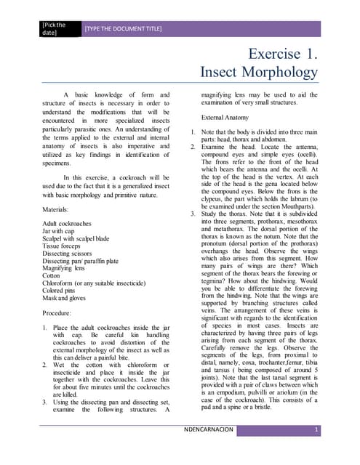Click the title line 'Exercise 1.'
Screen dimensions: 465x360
pyautogui.click(x=283, y=54)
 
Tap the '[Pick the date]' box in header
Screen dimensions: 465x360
pyautogui.click(x=57, y=28)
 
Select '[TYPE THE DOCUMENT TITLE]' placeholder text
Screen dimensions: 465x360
pyautogui.click(x=123, y=29)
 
